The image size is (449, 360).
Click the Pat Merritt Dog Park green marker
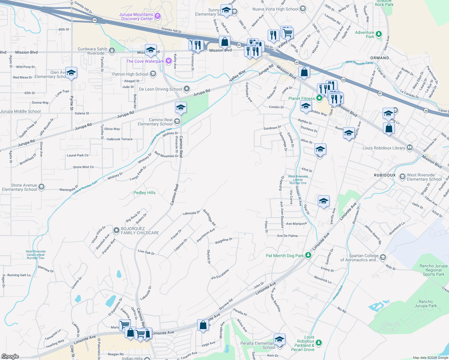pos(308,255)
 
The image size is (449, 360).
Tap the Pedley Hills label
pos(144,193)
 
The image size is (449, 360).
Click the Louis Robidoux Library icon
pos(410,148)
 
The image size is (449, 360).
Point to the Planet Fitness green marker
pos(320,98)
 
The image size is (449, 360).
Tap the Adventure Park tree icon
pos(379,34)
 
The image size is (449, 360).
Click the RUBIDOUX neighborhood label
pos(385,175)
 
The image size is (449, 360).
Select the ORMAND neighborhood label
pos(379,58)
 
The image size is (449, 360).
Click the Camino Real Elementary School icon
pos(177,121)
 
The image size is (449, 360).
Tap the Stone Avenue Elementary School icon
pos(41,187)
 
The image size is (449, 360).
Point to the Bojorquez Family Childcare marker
pos(116,230)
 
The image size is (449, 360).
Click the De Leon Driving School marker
pos(187,89)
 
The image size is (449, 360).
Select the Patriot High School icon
pos(153,74)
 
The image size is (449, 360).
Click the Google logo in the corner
pos(10,356)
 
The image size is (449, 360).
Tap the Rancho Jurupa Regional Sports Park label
pos(433,270)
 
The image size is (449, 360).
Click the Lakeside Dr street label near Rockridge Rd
pos(191,213)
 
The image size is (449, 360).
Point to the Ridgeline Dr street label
pos(224,241)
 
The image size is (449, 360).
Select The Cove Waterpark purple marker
pos(168,61)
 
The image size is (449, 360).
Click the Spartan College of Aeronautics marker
pos(383,257)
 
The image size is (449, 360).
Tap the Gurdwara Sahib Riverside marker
pos(112,51)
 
